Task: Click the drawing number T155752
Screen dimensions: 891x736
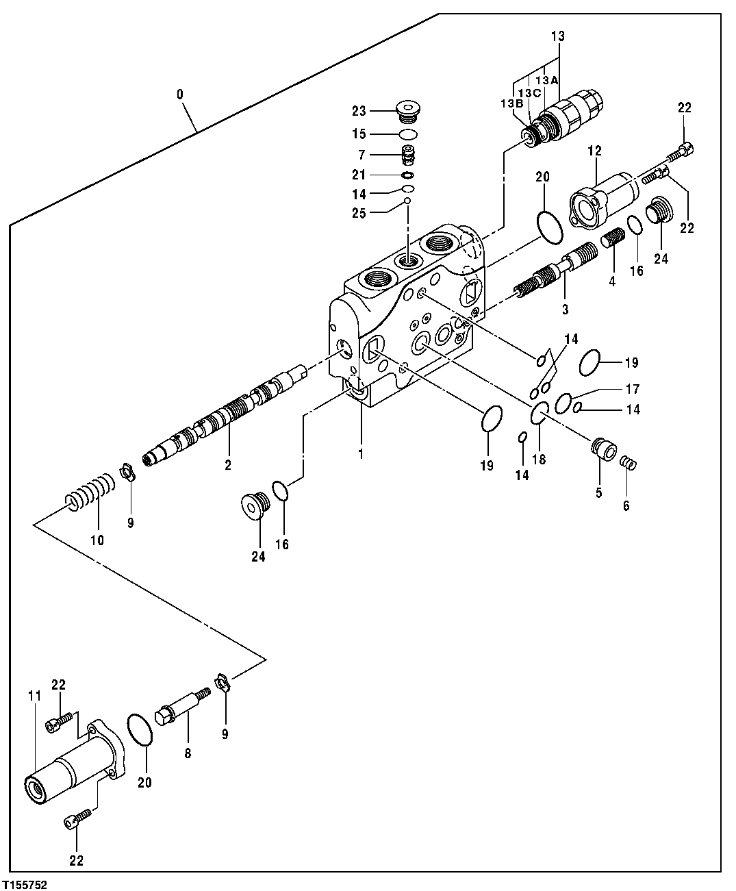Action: click(x=24, y=884)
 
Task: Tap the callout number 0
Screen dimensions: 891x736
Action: click(x=180, y=95)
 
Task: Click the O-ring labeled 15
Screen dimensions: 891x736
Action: click(x=408, y=134)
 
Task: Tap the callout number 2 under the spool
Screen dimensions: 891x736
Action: click(x=227, y=465)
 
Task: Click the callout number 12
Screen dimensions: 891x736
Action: click(x=594, y=150)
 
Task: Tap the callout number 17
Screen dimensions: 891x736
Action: click(x=633, y=389)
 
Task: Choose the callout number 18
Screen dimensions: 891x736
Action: click(x=540, y=460)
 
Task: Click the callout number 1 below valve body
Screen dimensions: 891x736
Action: click(x=361, y=453)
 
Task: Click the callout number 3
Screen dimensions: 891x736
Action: click(x=566, y=310)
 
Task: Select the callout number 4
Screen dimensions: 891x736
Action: click(x=613, y=281)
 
